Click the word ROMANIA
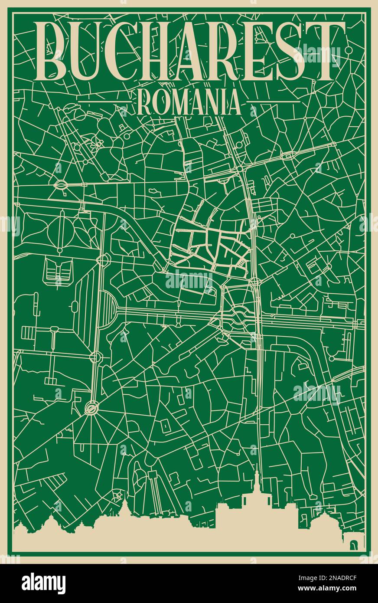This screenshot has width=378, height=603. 189,103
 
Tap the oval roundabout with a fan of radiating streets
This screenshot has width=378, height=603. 91,407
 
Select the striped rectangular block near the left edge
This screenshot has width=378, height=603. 28,333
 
